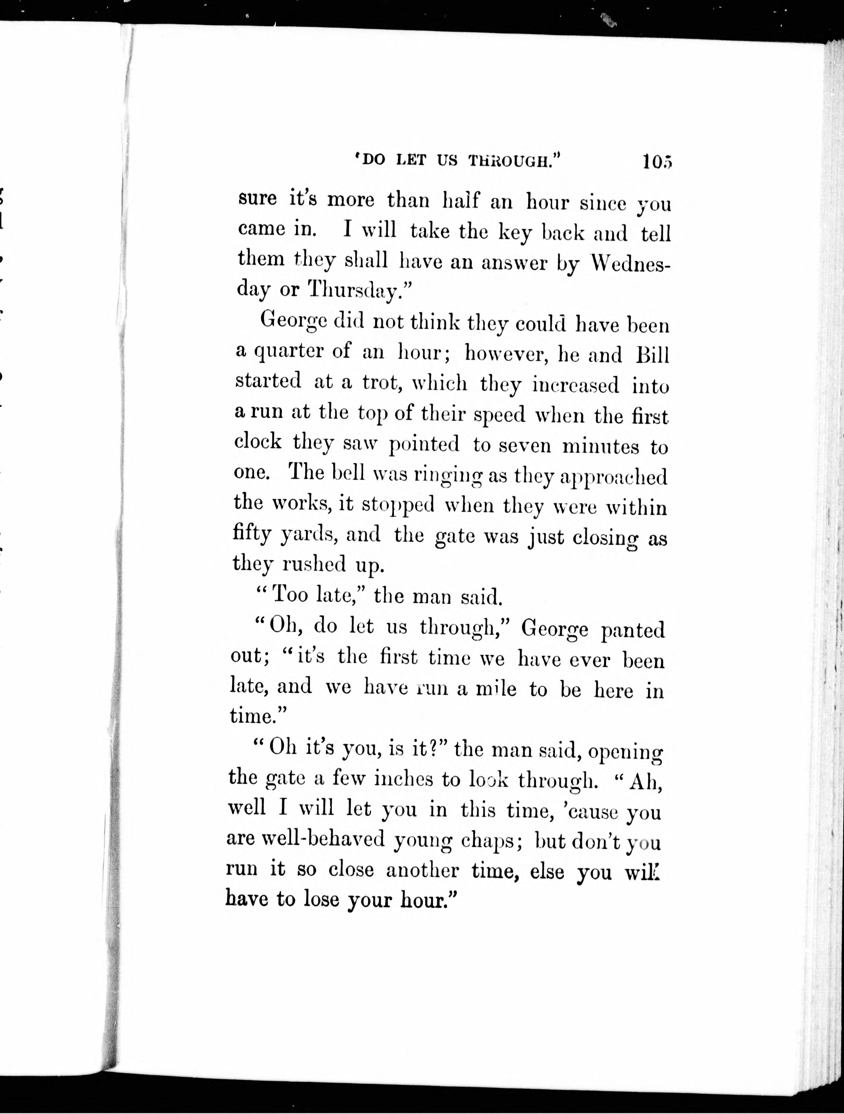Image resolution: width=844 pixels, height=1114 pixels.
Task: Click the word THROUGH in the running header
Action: click(x=514, y=161)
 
